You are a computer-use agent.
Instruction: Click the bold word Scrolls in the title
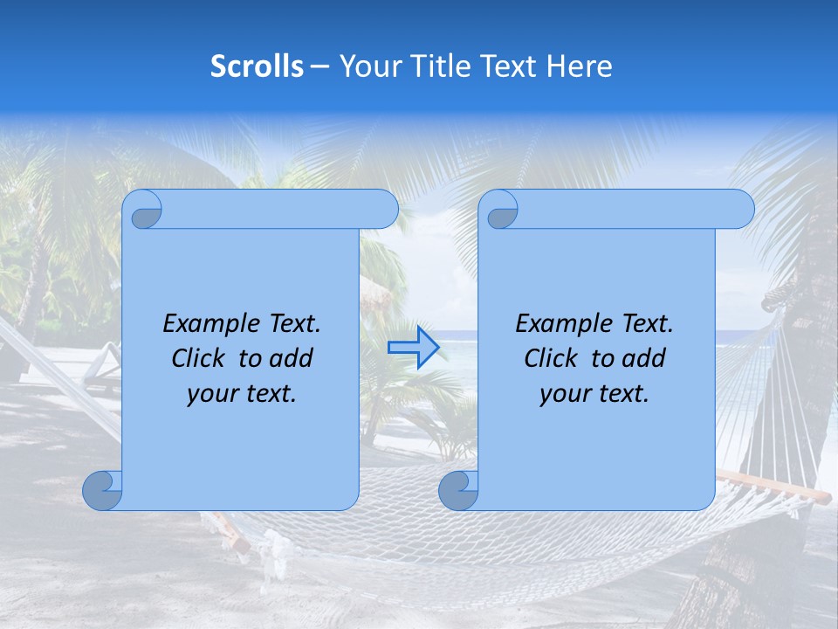click(257, 66)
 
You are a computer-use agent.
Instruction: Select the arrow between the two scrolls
click(413, 347)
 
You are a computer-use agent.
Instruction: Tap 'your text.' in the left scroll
click(242, 393)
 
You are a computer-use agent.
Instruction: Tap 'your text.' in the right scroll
click(594, 393)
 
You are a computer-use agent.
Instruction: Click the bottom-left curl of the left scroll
click(101, 490)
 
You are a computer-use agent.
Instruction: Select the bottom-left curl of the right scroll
click(457, 490)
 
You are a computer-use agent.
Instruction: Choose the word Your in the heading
click(367, 66)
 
